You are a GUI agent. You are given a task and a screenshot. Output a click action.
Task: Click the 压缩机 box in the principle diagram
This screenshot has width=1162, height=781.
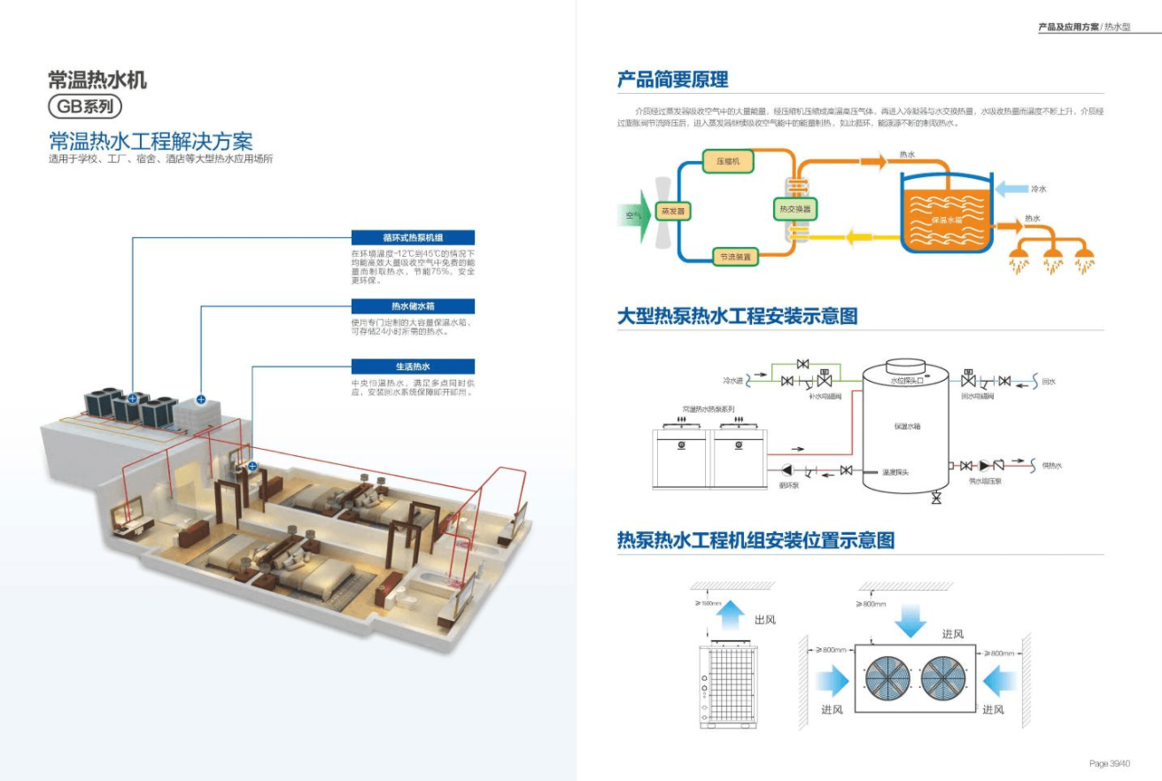pos(728,160)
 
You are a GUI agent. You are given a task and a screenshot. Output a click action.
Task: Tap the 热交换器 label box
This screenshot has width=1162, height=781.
pos(794,210)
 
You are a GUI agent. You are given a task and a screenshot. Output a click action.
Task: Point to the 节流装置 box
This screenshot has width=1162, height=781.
pos(735,257)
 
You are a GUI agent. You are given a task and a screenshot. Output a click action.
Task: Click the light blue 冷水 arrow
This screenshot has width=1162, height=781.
pos(1011,189)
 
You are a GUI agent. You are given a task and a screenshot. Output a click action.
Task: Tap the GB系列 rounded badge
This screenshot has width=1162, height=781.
pos(84,106)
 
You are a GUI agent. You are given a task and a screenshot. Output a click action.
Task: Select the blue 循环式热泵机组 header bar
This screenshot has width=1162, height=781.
pos(413,237)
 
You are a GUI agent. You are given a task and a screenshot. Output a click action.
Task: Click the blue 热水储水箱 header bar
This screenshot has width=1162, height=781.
pos(413,306)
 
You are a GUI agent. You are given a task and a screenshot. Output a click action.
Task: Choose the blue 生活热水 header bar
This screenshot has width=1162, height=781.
pos(413,367)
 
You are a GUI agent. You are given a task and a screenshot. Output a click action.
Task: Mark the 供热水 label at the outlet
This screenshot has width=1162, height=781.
pos(1051,466)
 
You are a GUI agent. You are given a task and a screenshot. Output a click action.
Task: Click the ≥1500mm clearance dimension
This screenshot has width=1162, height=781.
pos(709,603)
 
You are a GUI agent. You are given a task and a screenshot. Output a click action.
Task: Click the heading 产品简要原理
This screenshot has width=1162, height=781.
pos(672,80)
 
